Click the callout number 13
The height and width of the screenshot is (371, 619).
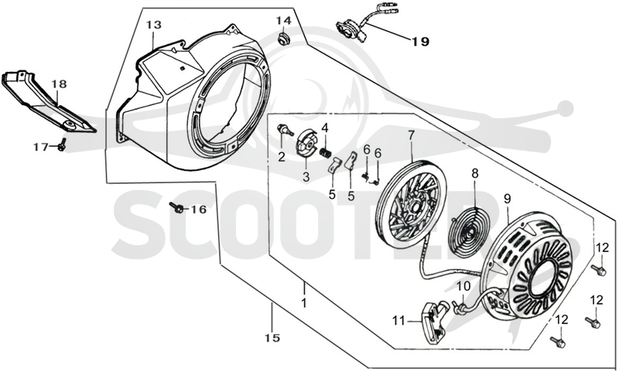(154, 25)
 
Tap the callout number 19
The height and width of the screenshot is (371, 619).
(421, 42)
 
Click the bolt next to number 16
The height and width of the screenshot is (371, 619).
(176, 207)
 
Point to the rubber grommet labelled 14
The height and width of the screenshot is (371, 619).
(282, 39)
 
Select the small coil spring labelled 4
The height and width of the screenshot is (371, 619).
(325, 151)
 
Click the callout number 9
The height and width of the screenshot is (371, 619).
(507, 199)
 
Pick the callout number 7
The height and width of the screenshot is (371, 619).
(412, 135)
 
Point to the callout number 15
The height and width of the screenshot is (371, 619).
(273, 338)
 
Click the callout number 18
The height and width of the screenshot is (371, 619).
(59, 84)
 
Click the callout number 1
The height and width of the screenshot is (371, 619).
(303, 304)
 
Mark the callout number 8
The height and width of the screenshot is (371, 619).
(474, 172)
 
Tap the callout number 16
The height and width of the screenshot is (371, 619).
(199, 209)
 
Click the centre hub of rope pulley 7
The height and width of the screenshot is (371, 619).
(415, 206)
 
